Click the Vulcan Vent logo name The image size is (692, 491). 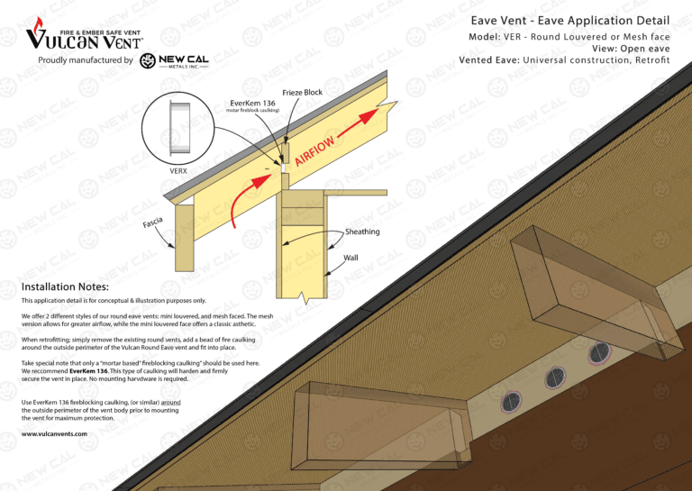click(x=84, y=38)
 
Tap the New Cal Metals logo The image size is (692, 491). click(x=175, y=60)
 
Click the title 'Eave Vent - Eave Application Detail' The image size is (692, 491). click(x=569, y=21)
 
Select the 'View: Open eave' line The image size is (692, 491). click(x=631, y=49)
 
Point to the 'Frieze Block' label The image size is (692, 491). click(x=302, y=93)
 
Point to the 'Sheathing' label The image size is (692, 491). click(x=362, y=232)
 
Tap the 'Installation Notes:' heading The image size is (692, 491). click(x=65, y=287)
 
